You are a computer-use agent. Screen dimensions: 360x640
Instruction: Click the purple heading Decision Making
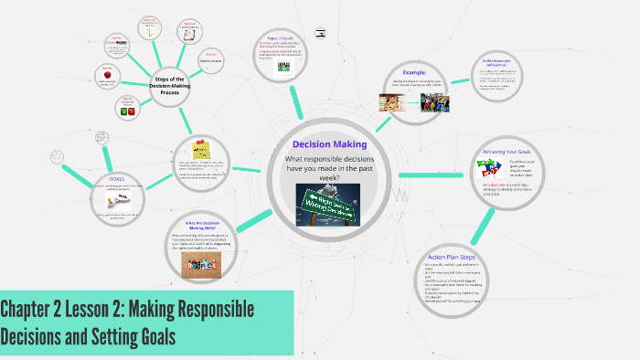pyautogui.click(x=329, y=144)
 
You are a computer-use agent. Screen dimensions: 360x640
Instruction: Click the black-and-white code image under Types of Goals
pyautogui.click(x=283, y=67)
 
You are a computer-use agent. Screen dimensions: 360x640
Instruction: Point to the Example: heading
pyautogui.click(x=416, y=71)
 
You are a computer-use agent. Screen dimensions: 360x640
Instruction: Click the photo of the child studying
pyautogui.click(x=392, y=101)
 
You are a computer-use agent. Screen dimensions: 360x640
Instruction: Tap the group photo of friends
pyautogui.click(x=434, y=101)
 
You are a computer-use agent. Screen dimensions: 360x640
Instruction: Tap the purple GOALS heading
pyautogui.click(x=117, y=178)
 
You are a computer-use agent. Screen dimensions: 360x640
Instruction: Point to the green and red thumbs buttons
pyautogui.click(x=126, y=111)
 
